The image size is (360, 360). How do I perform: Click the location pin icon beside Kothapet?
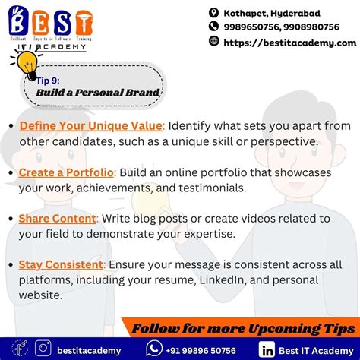(214, 13)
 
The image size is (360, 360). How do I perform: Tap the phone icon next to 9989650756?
(214, 27)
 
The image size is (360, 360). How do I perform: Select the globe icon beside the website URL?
(214, 43)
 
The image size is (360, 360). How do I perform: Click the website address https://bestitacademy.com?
(289, 43)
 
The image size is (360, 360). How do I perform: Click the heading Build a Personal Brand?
(98, 93)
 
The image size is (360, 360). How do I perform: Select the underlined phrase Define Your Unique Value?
(90, 125)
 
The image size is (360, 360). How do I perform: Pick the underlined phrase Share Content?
(58, 219)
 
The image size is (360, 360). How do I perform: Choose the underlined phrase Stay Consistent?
(61, 264)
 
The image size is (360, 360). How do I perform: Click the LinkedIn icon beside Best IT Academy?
(267, 349)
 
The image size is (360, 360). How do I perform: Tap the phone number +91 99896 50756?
(201, 349)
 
